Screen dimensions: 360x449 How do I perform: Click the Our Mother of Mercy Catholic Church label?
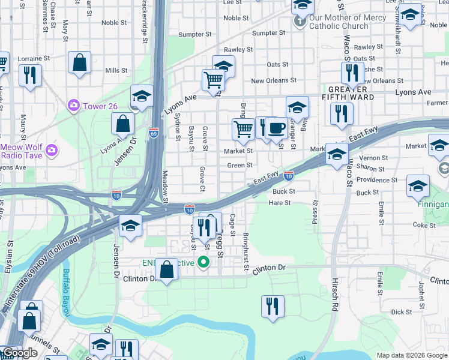coord(339,22)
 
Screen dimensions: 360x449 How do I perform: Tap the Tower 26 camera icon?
coord(74,106)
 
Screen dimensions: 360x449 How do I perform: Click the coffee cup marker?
coord(276,128)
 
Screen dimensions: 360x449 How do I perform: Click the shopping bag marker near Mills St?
coord(79,63)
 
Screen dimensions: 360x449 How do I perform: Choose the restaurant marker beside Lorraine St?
coord(29,75)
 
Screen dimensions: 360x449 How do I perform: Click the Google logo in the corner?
coord(19,353)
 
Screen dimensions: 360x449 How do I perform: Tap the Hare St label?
coord(279,203)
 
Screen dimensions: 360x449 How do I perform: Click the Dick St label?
coord(401,312)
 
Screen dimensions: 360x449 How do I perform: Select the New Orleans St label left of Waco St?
coord(273,80)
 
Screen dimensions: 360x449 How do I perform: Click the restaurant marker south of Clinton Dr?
coord(272,306)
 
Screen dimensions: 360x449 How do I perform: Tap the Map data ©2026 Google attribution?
coord(411,355)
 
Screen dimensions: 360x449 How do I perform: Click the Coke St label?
coord(424,225)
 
